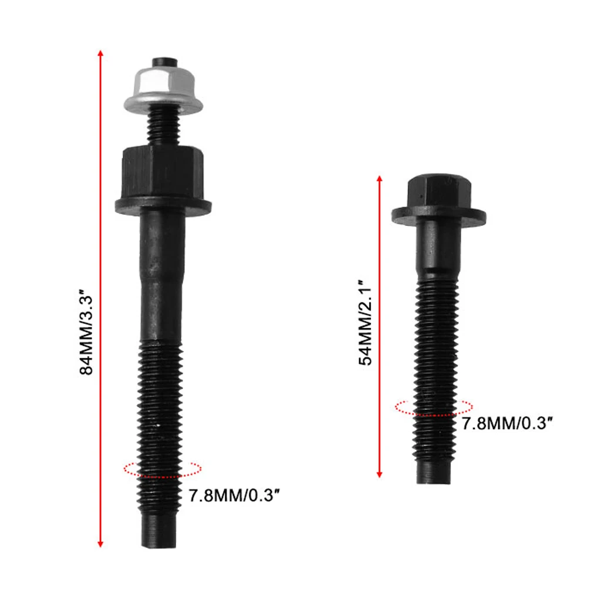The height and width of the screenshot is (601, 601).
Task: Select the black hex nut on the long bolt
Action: (163, 173)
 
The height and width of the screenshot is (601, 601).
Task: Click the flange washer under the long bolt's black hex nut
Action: (163, 205)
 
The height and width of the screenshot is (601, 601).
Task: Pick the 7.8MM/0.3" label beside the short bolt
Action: (508, 423)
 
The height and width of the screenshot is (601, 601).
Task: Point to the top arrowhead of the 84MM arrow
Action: (101, 54)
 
